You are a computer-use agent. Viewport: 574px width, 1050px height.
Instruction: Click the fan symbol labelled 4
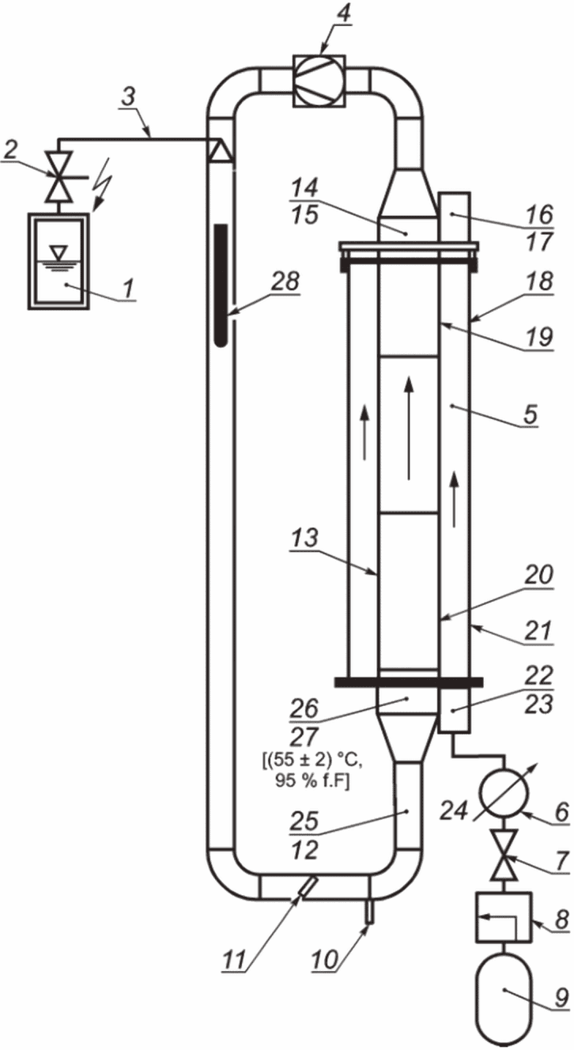point(319,81)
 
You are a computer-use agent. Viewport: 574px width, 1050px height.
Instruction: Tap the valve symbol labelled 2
point(59,177)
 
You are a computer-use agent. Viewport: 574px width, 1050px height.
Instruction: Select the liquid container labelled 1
point(58,261)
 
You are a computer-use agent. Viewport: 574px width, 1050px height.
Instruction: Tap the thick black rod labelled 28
point(221,285)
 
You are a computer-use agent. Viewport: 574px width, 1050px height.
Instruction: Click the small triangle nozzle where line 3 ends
point(219,151)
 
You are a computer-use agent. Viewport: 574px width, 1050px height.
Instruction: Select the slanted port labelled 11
point(307,887)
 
